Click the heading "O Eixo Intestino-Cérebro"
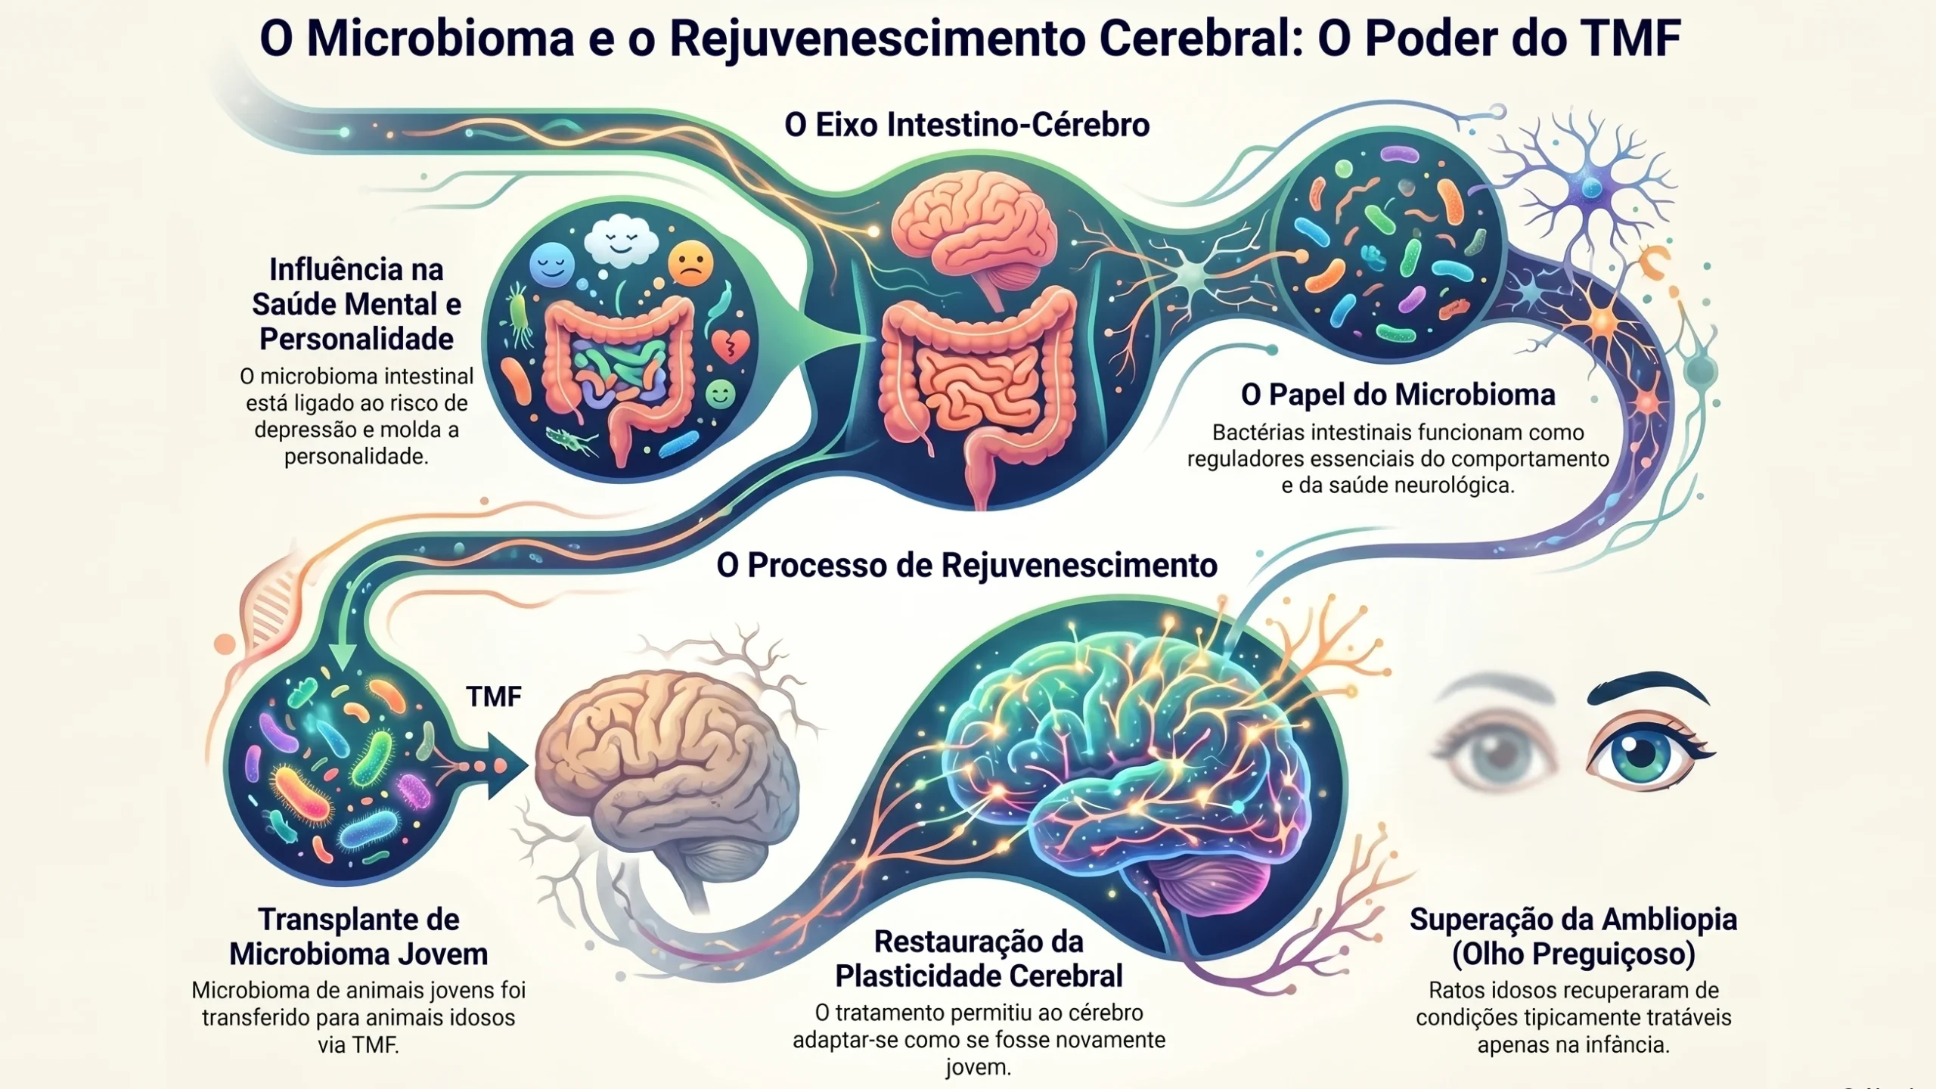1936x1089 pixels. coord(966,125)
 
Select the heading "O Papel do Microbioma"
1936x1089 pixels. coord(1398,395)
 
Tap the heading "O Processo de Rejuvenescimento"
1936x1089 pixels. coord(966,566)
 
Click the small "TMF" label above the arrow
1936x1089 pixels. coord(494,697)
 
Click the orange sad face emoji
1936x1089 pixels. coord(690,263)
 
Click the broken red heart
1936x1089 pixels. coord(729,346)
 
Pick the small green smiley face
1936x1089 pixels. coord(719,394)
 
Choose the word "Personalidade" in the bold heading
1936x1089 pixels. coord(356,339)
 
